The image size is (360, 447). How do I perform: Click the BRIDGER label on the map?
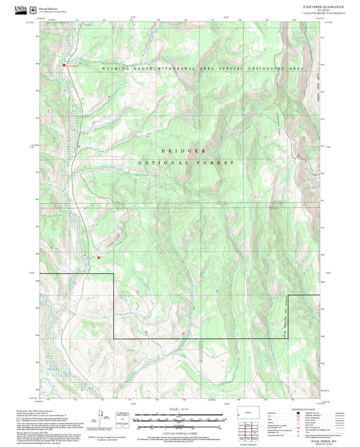point(183,150)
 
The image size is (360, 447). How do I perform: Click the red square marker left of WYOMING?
point(65,65)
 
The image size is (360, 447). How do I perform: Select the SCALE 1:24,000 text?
point(179,410)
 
